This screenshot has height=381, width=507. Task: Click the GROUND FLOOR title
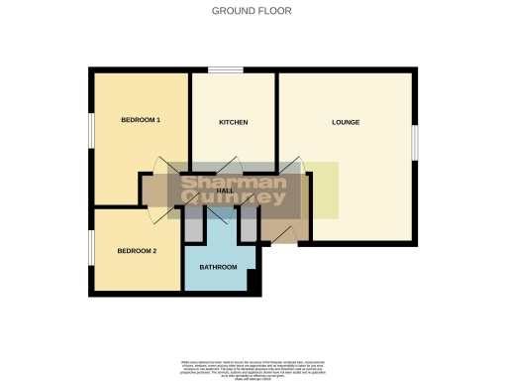point(253,11)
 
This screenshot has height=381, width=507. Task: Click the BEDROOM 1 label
point(141,121)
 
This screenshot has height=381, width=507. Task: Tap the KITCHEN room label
point(233,122)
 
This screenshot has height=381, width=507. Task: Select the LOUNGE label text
point(346,122)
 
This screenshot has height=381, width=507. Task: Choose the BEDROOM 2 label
point(137,251)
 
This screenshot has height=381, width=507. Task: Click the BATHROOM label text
point(218,268)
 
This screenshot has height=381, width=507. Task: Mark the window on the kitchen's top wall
point(226,70)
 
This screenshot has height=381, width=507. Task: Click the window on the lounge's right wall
point(414,140)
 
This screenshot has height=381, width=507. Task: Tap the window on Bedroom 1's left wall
point(91,129)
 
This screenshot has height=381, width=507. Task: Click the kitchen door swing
point(228,166)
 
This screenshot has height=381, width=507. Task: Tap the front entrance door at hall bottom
point(283,234)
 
